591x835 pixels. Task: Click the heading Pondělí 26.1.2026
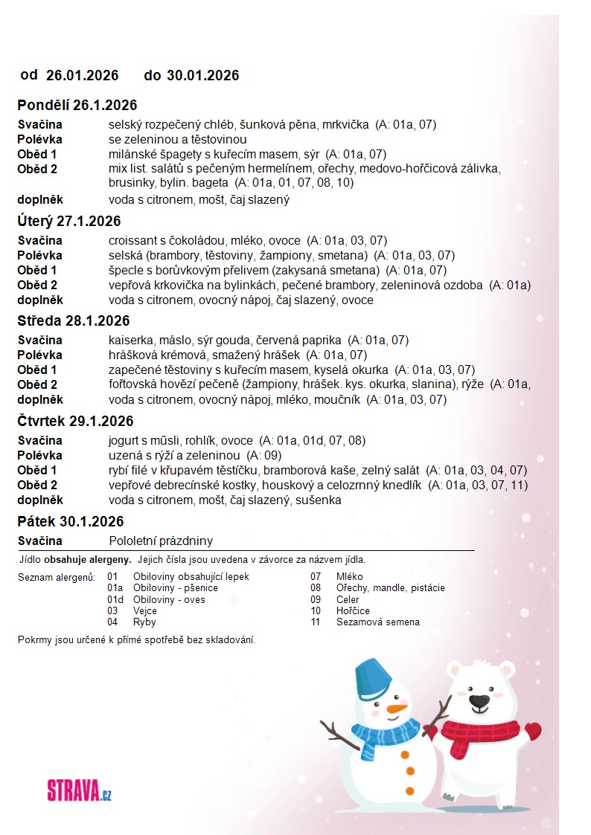tap(77, 106)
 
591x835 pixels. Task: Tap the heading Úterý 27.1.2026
tap(69, 222)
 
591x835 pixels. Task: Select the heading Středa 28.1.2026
tap(74, 321)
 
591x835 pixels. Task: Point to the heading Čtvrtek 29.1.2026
tap(75, 422)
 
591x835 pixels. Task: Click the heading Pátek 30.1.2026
tap(71, 522)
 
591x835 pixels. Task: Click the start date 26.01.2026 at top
tap(83, 75)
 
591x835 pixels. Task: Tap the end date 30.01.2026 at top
tap(202, 75)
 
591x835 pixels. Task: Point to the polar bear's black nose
tap(482, 701)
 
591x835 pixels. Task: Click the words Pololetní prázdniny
tap(161, 541)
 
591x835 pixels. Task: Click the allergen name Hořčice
tap(353, 611)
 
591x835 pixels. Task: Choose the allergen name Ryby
tap(144, 622)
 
